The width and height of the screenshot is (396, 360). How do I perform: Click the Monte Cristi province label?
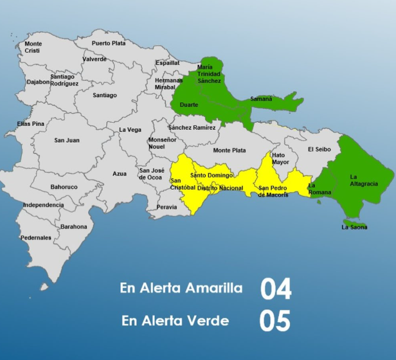(x=33, y=47)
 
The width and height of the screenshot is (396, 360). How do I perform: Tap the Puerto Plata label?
(x=109, y=43)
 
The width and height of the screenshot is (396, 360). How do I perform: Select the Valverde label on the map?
(x=94, y=59)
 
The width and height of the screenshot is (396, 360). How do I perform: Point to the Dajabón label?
(x=38, y=82)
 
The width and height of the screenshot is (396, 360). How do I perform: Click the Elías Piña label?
(x=30, y=123)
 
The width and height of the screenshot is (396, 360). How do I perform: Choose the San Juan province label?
(x=67, y=140)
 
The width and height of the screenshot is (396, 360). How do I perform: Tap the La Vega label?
(x=130, y=130)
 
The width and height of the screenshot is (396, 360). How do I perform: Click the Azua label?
(x=120, y=174)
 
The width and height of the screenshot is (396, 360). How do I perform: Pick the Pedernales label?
(x=36, y=238)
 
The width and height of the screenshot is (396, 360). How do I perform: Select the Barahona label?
(x=73, y=226)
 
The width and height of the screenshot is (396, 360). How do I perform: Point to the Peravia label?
(x=166, y=207)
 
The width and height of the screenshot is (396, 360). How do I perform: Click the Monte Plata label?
(x=230, y=150)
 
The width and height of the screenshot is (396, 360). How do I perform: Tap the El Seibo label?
(x=318, y=149)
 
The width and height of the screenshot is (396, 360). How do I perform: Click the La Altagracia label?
(x=364, y=180)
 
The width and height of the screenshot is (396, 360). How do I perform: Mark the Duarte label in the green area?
(x=189, y=105)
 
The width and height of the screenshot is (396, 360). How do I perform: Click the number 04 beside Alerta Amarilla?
(x=276, y=289)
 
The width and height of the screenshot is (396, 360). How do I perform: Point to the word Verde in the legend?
(x=209, y=319)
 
